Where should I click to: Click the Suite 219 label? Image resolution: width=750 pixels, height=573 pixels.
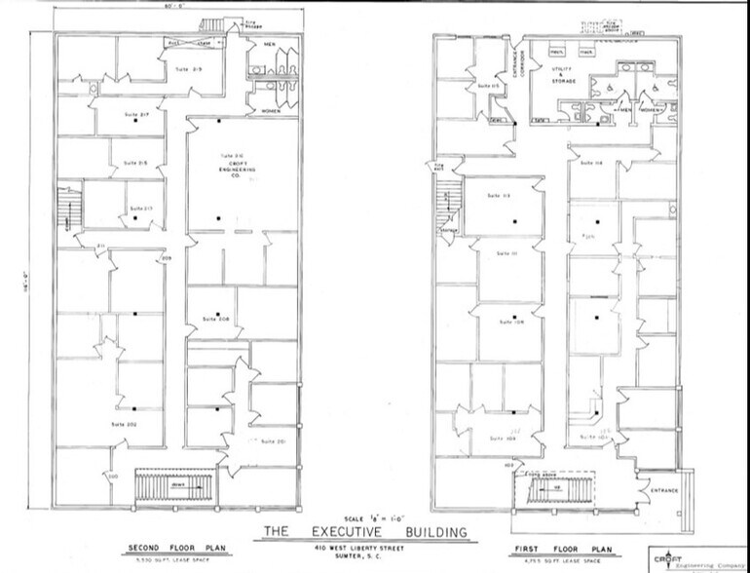tap(187, 69)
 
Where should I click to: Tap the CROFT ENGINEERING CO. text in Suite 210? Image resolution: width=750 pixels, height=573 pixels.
tap(230, 167)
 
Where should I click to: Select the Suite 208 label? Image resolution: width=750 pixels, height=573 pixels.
tap(215, 319)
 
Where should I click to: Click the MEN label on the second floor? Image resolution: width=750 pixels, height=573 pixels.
tap(269, 45)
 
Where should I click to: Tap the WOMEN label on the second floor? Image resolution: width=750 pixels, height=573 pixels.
tap(269, 111)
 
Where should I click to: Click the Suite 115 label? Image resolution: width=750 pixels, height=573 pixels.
tap(488, 88)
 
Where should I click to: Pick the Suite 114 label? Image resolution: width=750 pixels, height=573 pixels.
tap(591, 163)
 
